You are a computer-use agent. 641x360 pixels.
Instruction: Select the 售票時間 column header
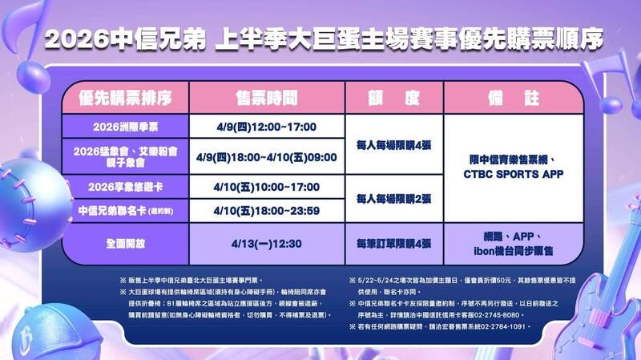tap(267, 99)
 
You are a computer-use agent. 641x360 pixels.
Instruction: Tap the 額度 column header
tap(393, 99)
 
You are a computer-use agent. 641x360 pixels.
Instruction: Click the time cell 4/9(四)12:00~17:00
tap(267, 127)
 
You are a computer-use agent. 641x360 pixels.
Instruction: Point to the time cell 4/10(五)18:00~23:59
tap(267, 211)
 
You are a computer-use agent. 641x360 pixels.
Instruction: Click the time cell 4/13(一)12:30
tap(267, 242)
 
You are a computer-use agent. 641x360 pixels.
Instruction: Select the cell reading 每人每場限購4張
tap(393, 144)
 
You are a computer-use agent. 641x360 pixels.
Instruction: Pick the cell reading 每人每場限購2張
tap(393, 198)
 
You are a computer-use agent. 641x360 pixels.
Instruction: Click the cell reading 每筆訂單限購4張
tap(393, 242)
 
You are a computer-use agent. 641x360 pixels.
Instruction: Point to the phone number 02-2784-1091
tap(501, 327)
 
